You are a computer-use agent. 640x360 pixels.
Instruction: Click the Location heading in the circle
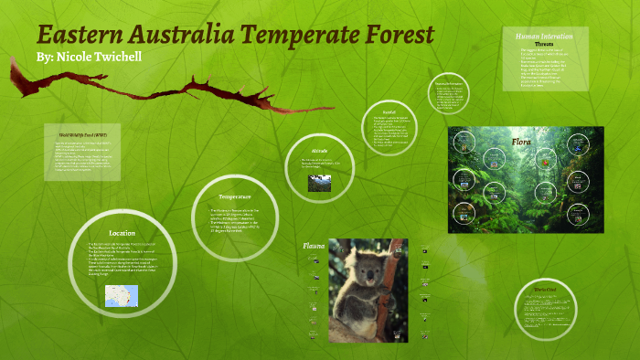(x=122, y=233)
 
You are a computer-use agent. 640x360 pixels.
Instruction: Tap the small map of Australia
(x=121, y=295)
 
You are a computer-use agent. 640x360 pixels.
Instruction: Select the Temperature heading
(x=234, y=196)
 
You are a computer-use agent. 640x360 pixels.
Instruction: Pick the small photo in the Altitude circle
(x=319, y=183)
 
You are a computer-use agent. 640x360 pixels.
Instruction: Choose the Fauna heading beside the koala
(x=314, y=246)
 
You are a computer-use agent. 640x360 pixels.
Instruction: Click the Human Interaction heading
(x=544, y=36)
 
